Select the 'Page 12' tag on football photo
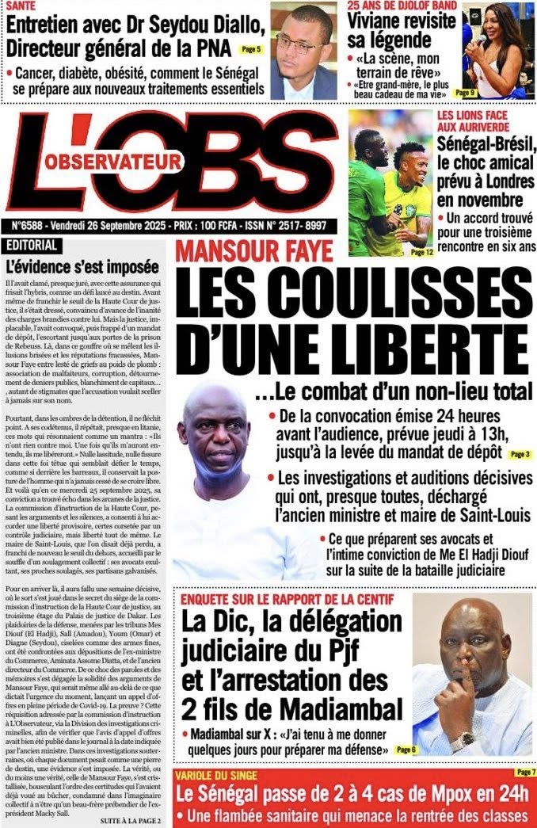point(422,252)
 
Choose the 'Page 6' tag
point(405,749)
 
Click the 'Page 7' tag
point(525,772)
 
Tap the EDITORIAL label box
point(30,245)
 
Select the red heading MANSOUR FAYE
point(253,251)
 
